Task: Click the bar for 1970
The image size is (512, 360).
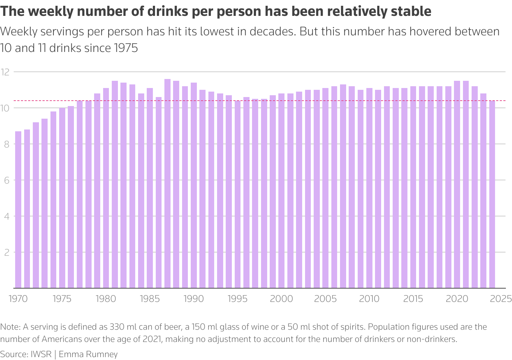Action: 18,210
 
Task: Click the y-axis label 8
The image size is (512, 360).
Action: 6,144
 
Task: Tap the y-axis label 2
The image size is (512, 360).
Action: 6,252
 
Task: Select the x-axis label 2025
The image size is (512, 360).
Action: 501,299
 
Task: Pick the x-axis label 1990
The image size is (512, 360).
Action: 194,299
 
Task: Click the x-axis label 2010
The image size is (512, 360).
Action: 369,299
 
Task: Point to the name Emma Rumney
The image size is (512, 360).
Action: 88,354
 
